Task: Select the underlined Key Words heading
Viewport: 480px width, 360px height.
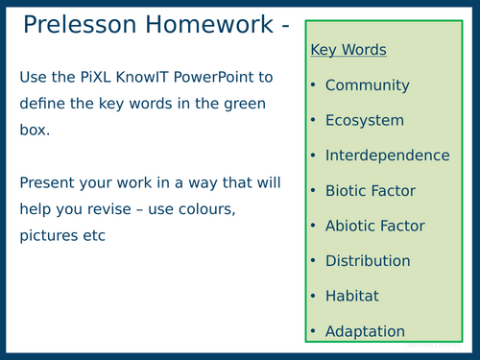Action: (348, 50)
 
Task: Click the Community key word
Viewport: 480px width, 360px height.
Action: (367, 85)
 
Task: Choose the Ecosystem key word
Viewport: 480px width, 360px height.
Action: (364, 121)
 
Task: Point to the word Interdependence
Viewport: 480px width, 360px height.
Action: (387, 156)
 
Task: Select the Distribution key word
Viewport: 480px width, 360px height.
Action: (368, 261)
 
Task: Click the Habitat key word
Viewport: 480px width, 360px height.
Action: (353, 296)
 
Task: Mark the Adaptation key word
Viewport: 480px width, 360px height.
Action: (365, 331)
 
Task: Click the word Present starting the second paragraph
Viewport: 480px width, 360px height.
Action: (47, 181)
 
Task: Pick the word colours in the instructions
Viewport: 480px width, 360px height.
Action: (227, 208)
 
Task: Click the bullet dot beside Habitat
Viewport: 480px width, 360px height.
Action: (314, 297)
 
